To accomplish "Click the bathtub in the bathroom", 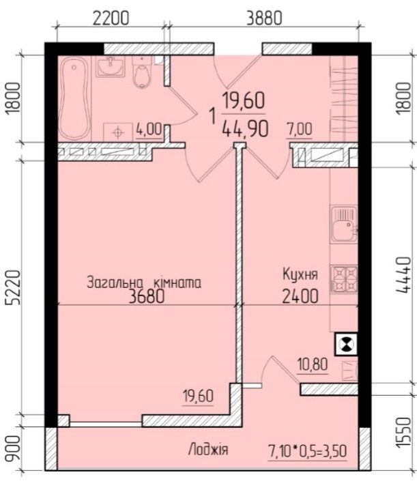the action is [x=74, y=98].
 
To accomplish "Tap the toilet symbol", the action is [x=142, y=72].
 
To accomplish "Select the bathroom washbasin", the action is [x=110, y=66].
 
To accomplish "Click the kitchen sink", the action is [x=344, y=224].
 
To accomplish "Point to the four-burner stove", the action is [x=344, y=280].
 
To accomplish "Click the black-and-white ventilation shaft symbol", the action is [x=347, y=344].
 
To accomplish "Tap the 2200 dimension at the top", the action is [x=111, y=18].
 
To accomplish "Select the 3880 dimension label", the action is [x=264, y=18].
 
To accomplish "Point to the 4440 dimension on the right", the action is [x=403, y=275].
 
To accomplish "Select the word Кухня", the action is [x=300, y=274].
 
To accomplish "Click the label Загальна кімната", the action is [x=144, y=283].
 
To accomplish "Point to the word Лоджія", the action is [x=208, y=449].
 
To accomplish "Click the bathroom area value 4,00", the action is [x=149, y=129].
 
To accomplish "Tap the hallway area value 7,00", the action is [x=300, y=129].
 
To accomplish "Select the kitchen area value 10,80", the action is [x=313, y=365].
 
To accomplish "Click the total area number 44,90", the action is [x=245, y=129].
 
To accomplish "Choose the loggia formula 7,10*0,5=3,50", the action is [x=308, y=452].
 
